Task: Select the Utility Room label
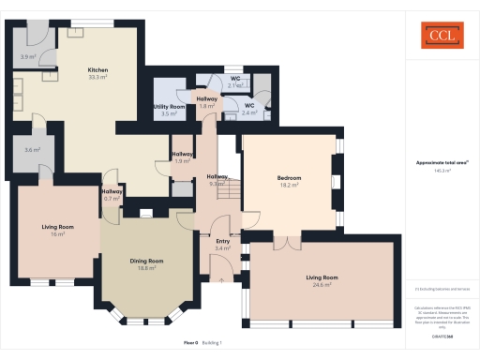(x=169, y=108)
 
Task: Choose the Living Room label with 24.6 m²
(x=322, y=277)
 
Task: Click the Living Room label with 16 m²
(x=58, y=227)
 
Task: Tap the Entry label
(x=222, y=241)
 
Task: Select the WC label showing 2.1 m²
(x=236, y=79)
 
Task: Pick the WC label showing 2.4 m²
(x=249, y=106)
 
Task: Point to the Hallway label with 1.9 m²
(x=183, y=154)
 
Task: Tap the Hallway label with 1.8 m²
(x=207, y=98)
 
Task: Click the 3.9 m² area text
(x=27, y=56)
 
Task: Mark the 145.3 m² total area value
(x=442, y=171)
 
